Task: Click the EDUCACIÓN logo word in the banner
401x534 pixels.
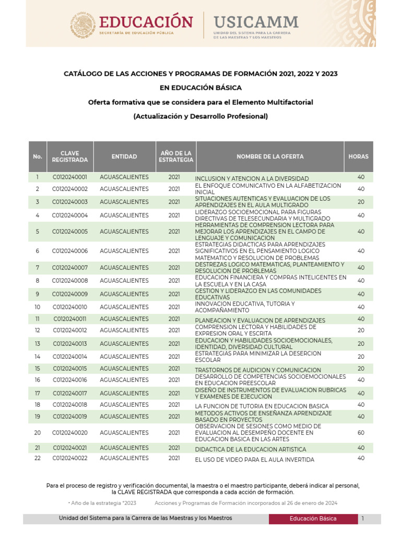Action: point(146,22)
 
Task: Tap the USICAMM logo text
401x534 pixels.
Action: point(256,22)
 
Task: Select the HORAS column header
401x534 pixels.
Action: point(359,156)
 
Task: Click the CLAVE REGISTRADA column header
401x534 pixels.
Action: point(70,156)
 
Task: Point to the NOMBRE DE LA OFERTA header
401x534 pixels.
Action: point(269,156)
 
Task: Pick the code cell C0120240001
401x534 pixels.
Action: point(70,177)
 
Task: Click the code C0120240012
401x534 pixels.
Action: point(70,330)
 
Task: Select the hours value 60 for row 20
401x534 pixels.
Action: point(361,432)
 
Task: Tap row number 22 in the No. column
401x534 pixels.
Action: point(38,458)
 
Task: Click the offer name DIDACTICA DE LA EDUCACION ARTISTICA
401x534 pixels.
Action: point(251,449)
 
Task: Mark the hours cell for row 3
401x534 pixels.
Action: point(361,202)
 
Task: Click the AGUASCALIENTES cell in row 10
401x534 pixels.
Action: point(124,307)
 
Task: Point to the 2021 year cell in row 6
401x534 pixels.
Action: point(174,251)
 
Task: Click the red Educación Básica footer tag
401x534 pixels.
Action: point(313,518)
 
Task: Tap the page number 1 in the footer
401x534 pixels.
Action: point(362,518)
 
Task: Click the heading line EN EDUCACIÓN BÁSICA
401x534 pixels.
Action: point(200,88)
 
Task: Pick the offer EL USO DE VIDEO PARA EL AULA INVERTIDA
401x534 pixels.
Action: point(254,460)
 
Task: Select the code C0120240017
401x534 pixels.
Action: point(70,393)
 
